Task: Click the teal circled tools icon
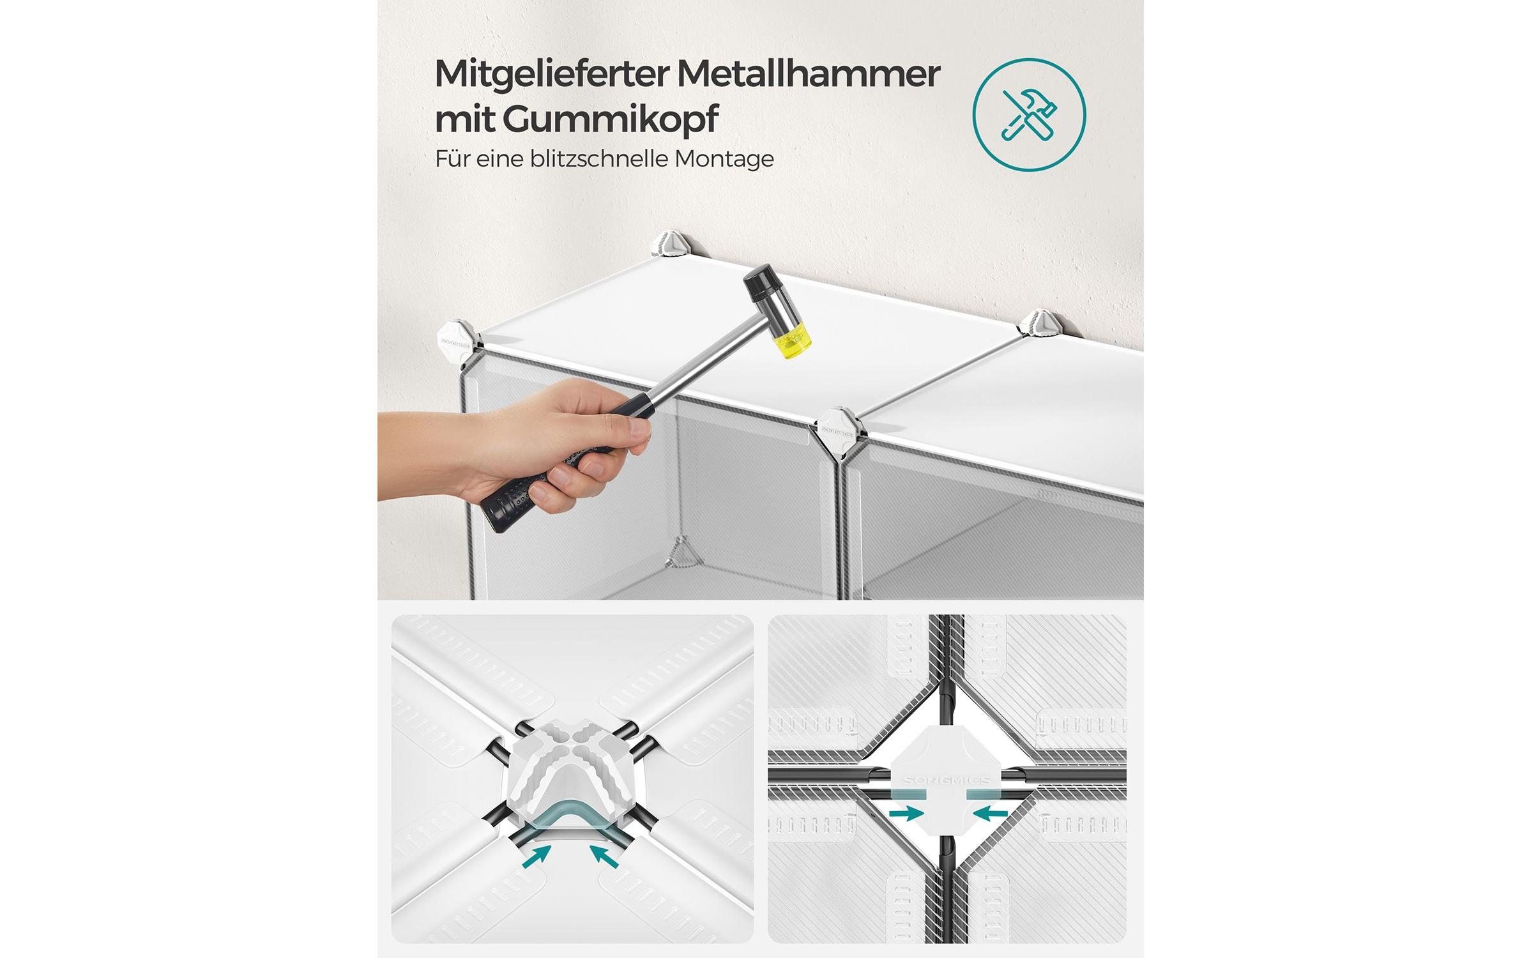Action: (x=1028, y=114)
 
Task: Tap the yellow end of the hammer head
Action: (x=793, y=342)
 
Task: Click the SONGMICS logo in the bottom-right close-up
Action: (x=946, y=780)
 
